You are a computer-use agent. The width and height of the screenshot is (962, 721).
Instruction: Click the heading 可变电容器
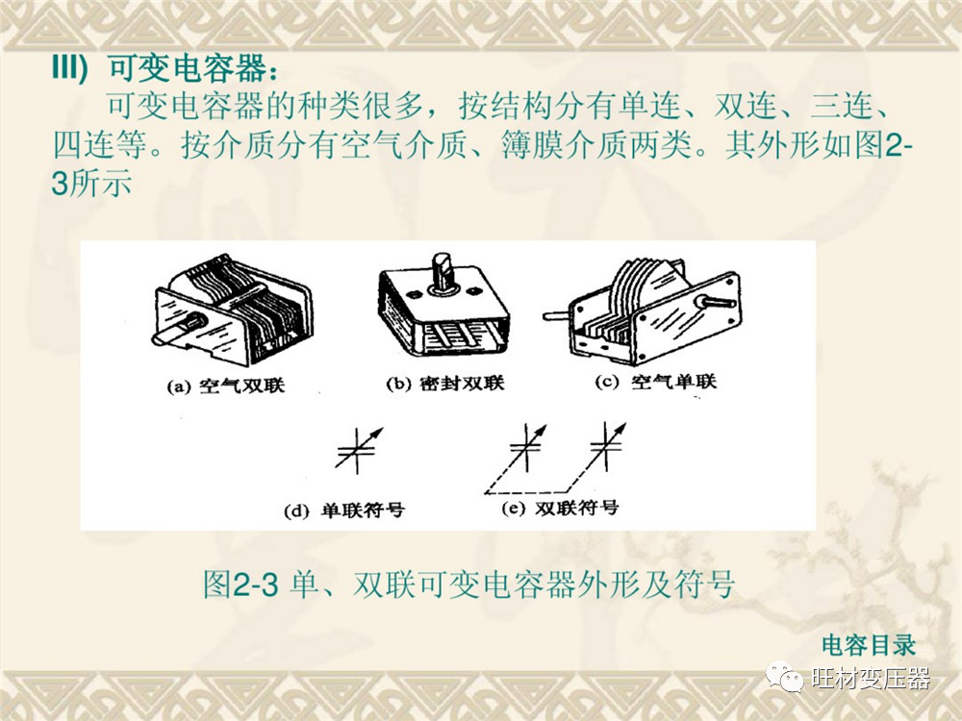pyautogui.click(x=188, y=68)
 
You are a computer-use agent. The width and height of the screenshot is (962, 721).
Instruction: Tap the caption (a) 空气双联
pyautogui.click(x=226, y=386)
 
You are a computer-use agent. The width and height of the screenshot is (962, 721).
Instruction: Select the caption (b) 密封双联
pyautogui.click(x=444, y=384)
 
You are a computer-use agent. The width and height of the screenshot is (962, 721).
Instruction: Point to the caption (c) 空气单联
pyautogui.click(x=655, y=382)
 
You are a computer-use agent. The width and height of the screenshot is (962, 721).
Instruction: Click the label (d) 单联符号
pyautogui.click(x=344, y=510)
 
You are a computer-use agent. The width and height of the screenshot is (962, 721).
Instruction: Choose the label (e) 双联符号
pyautogui.click(x=560, y=509)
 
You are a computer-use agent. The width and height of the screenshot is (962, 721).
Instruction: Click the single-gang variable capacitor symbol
pyautogui.click(x=359, y=451)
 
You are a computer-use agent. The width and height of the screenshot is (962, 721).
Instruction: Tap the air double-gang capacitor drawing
pyautogui.click(x=232, y=311)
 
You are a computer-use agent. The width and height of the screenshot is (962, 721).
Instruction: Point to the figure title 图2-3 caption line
pyautogui.click(x=468, y=584)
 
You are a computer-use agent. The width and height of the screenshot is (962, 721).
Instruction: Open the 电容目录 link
pyautogui.click(x=868, y=645)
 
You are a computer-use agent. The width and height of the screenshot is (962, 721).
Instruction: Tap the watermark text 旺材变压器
pyautogui.click(x=871, y=678)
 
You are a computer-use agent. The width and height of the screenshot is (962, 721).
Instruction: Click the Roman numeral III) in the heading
pyautogui.click(x=70, y=67)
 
